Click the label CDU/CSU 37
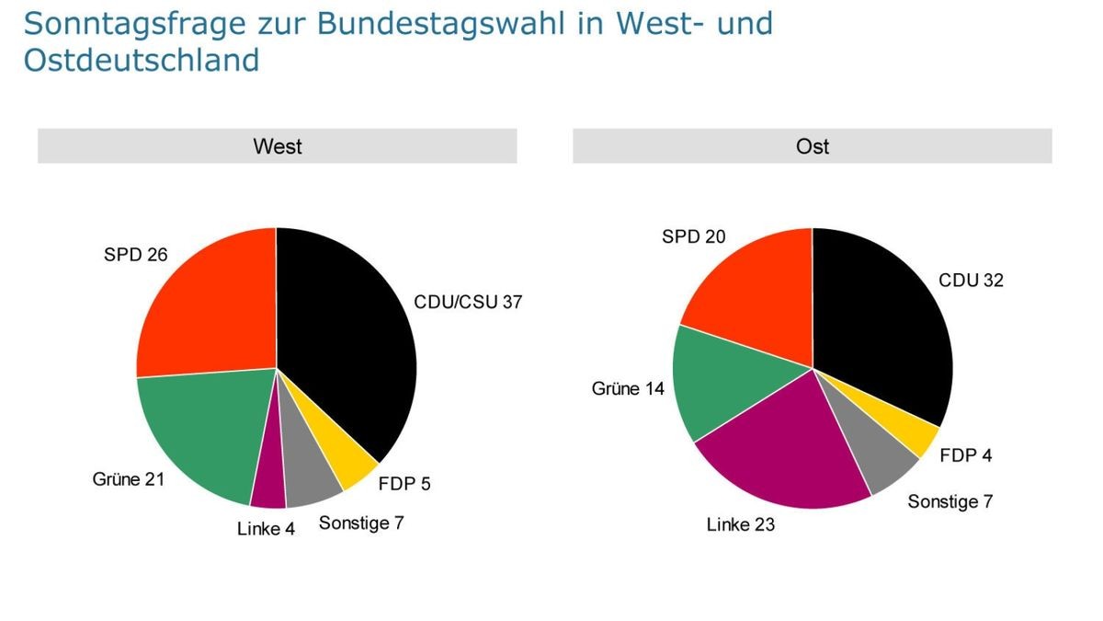pyautogui.click(x=468, y=302)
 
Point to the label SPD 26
pyautogui.click(x=136, y=254)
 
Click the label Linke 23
pyautogui.click(x=741, y=525)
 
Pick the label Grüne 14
pyautogui.click(x=628, y=389)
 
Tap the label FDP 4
pyautogui.click(x=966, y=454)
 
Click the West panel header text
pyautogui.click(x=278, y=146)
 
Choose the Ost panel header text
pyautogui.click(x=813, y=146)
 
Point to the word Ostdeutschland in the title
pyautogui.click(x=141, y=61)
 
